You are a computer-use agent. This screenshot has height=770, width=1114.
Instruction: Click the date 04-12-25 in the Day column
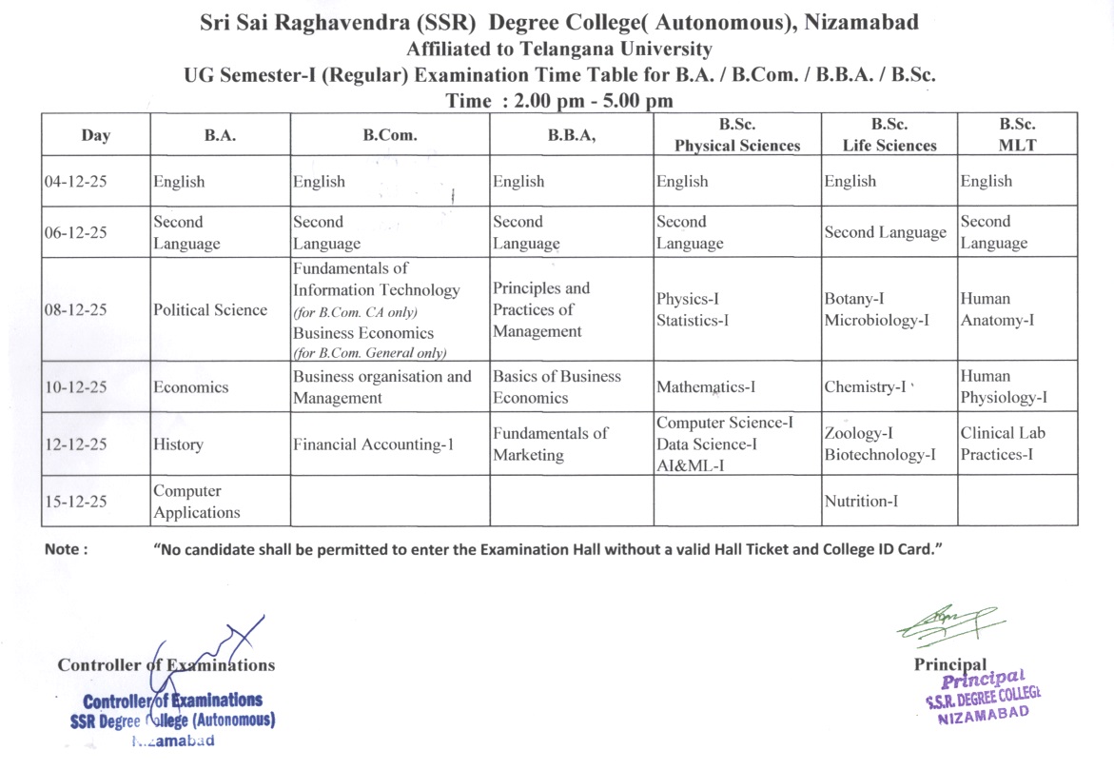(x=75, y=182)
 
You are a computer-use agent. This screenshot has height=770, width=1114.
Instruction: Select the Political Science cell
(x=210, y=310)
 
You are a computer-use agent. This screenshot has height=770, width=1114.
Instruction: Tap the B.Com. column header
(x=390, y=135)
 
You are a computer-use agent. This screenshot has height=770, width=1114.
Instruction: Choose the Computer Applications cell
(x=197, y=502)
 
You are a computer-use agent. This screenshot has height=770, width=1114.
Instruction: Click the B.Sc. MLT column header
(x=1017, y=134)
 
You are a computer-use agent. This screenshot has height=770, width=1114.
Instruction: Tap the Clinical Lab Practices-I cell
(x=1003, y=444)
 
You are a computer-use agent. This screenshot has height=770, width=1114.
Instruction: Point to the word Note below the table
(x=67, y=549)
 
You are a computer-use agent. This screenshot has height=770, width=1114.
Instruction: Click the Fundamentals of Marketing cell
(x=550, y=444)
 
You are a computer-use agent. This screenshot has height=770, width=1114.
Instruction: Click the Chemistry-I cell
(x=865, y=387)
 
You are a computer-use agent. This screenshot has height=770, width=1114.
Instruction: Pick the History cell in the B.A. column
(x=178, y=444)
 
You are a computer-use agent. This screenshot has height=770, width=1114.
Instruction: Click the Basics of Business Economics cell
(x=557, y=387)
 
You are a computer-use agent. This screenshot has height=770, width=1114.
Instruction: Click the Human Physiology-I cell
(x=1004, y=386)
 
